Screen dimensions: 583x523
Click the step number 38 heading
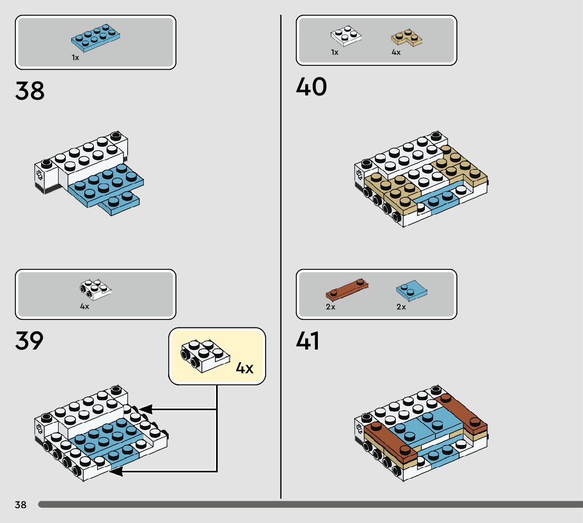point(30,91)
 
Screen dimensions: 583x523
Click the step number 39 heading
point(30,341)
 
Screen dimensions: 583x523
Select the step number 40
point(311,87)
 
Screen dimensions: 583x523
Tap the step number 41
point(308,341)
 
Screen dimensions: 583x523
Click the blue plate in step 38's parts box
point(96,38)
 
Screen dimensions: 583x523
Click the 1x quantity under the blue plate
point(75,57)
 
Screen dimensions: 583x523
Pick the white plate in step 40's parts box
point(346,35)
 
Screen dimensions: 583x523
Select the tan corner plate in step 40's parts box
point(407,37)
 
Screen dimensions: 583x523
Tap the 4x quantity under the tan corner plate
point(396,52)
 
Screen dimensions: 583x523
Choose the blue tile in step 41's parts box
point(411,290)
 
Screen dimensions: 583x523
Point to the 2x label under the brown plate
point(331,307)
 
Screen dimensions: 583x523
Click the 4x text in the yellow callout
point(244,368)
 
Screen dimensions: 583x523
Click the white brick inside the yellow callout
point(205,354)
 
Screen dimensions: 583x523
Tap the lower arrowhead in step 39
point(115,471)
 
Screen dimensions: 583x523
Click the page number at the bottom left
point(21,505)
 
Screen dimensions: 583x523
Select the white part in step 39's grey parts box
point(95,287)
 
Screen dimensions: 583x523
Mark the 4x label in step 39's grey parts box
point(84,306)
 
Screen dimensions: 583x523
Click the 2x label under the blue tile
point(401,307)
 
